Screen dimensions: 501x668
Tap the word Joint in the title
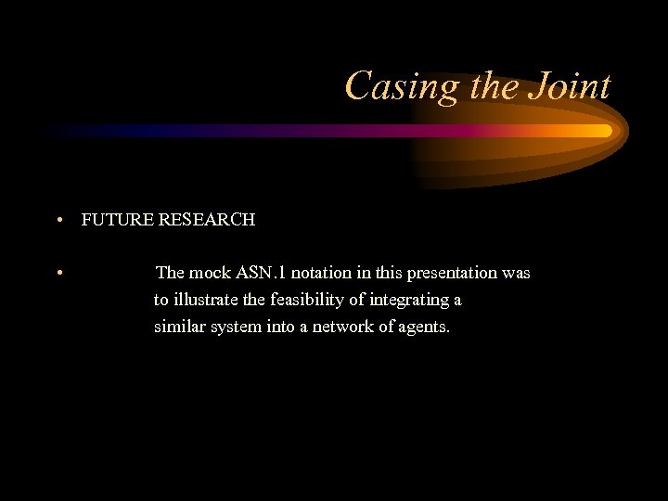tap(569, 87)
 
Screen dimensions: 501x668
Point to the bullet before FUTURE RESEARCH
tap(58, 221)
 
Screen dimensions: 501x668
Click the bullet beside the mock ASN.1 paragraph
tap(58, 273)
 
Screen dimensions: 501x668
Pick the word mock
tap(211, 273)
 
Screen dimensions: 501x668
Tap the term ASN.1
tap(261, 273)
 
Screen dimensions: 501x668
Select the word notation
tap(321, 273)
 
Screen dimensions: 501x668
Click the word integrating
tap(408, 300)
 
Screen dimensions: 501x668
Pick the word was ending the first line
tap(516, 273)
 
